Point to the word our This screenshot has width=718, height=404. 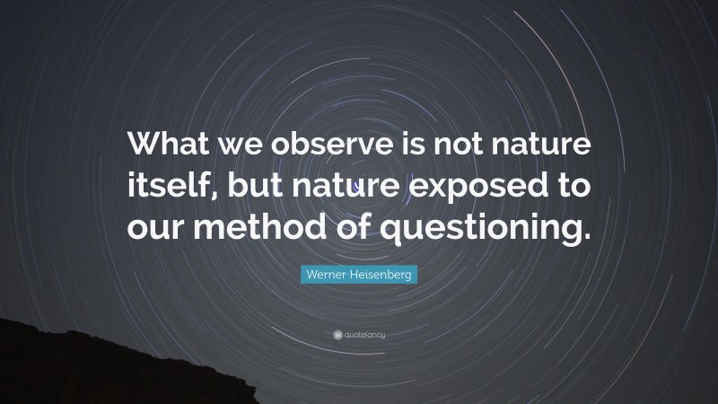[154, 231]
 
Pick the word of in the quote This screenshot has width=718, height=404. [347, 229]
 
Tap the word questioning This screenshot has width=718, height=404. [482, 231]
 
